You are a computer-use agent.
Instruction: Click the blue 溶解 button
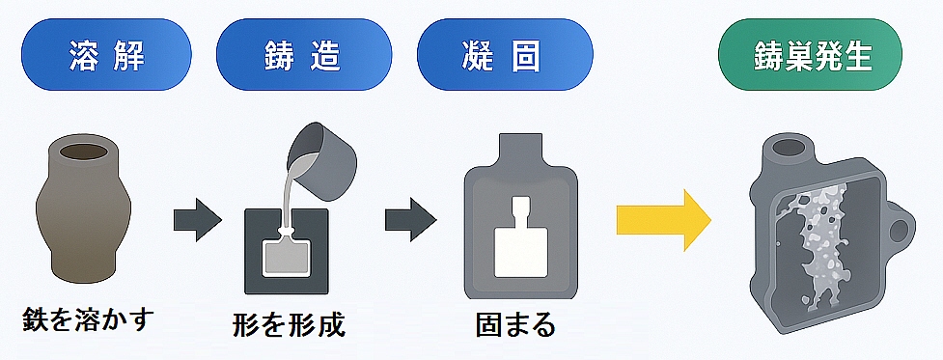pos(106,55)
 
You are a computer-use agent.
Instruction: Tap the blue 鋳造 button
pos(304,55)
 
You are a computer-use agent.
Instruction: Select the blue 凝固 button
pos(505,55)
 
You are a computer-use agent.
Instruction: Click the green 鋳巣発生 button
pos(810,55)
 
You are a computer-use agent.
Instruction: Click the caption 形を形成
pos(289,324)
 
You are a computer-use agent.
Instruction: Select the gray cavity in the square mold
pos(287,256)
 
